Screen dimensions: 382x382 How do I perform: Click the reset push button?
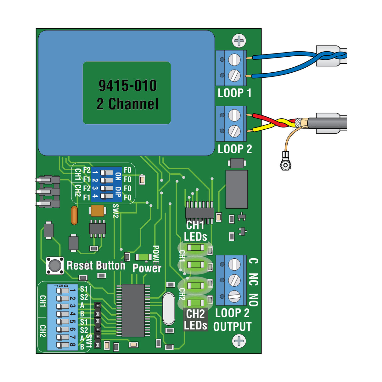click(x=55, y=265)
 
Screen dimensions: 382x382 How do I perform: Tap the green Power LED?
click(x=143, y=257)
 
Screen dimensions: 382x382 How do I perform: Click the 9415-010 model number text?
click(x=127, y=86)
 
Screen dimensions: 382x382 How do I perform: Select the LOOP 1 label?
click(x=234, y=93)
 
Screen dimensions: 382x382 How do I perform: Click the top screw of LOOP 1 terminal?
click(x=234, y=59)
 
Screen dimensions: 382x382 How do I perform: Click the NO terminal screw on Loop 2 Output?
click(x=234, y=296)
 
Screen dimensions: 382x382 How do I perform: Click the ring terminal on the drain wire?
click(x=285, y=165)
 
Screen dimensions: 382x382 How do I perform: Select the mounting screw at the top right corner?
click(x=239, y=41)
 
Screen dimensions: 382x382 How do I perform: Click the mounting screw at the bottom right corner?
click(x=239, y=341)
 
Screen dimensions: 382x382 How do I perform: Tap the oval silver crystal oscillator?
click(x=169, y=309)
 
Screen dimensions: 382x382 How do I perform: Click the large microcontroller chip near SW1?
click(x=133, y=311)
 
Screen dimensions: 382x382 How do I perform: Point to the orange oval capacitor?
click(x=74, y=216)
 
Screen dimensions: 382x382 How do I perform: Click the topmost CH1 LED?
click(x=195, y=248)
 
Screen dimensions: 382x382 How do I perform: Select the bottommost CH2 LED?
click(x=195, y=303)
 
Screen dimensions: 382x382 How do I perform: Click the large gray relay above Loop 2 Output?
click(x=237, y=189)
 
